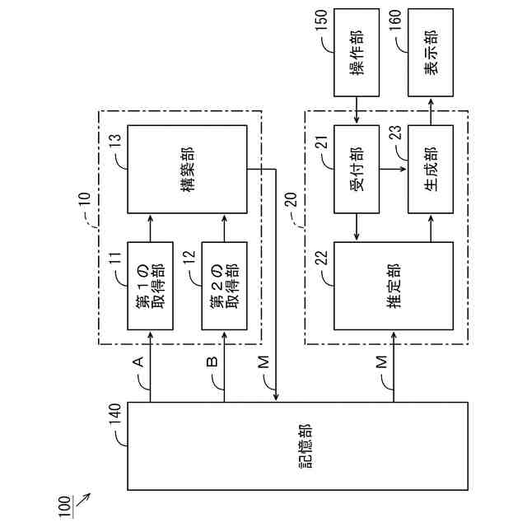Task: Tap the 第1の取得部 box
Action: pyautogui.click(x=151, y=286)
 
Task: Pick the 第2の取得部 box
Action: pyautogui.click(x=225, y=286)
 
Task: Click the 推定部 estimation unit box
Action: pyautogui.click(x=394, y=285)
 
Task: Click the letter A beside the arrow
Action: pyautogui.click(x=138, y=362)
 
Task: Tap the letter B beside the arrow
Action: pyautogui.click(x=212, y=362)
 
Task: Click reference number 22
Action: pyautogui.click(x=322, y=257)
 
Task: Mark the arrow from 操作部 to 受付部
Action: pyautogui.click(x=356, y=109)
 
